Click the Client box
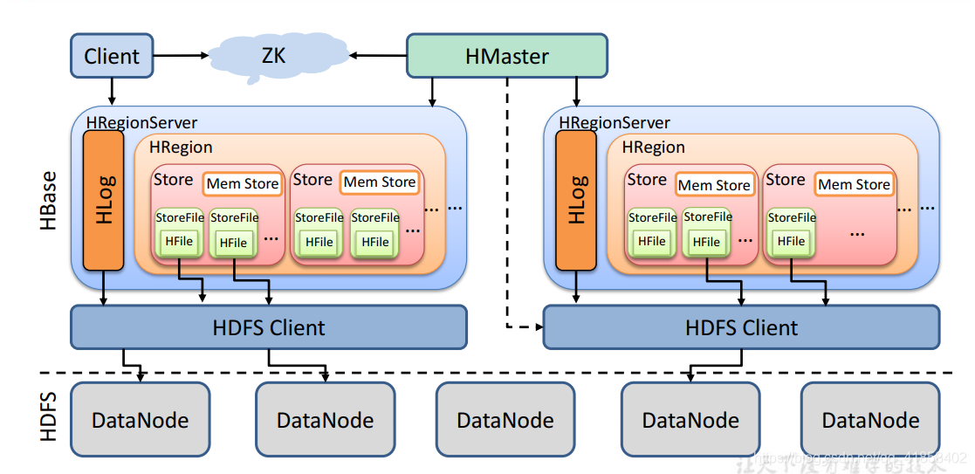pyautogui.click(x=112, y=56)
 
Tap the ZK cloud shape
pyautogui.click(x=272, y=56)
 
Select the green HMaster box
pyautogui.click(x=506, y=57)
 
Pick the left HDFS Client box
pyautogui.click(x=268, y=327)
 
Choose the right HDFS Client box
pyautogui.click(x=741, y=327)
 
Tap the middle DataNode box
pyautogui.click(x=505, y=420)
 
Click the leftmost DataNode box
pyautogui.click(x=140, y=420)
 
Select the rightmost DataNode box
pyautogui.click(x=870, y=420)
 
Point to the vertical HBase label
pyautogui.click(x=49, y=201)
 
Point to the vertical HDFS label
pyautogui.click(x=49, y=416)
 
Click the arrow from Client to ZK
pyautogui.click(x=182, y=56)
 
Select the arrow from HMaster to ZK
pyautogui.click(x=379, y=56)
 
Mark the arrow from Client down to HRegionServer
pyautogui.click(x=112, y=90)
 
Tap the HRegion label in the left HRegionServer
pyautogui.click(x=181, y=148)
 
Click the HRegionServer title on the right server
pyautogui.click(x=615, y=123)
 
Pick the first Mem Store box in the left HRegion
pyautogui.click(x=242, y=183)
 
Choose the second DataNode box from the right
pyautogui.click(x=690, y=420)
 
